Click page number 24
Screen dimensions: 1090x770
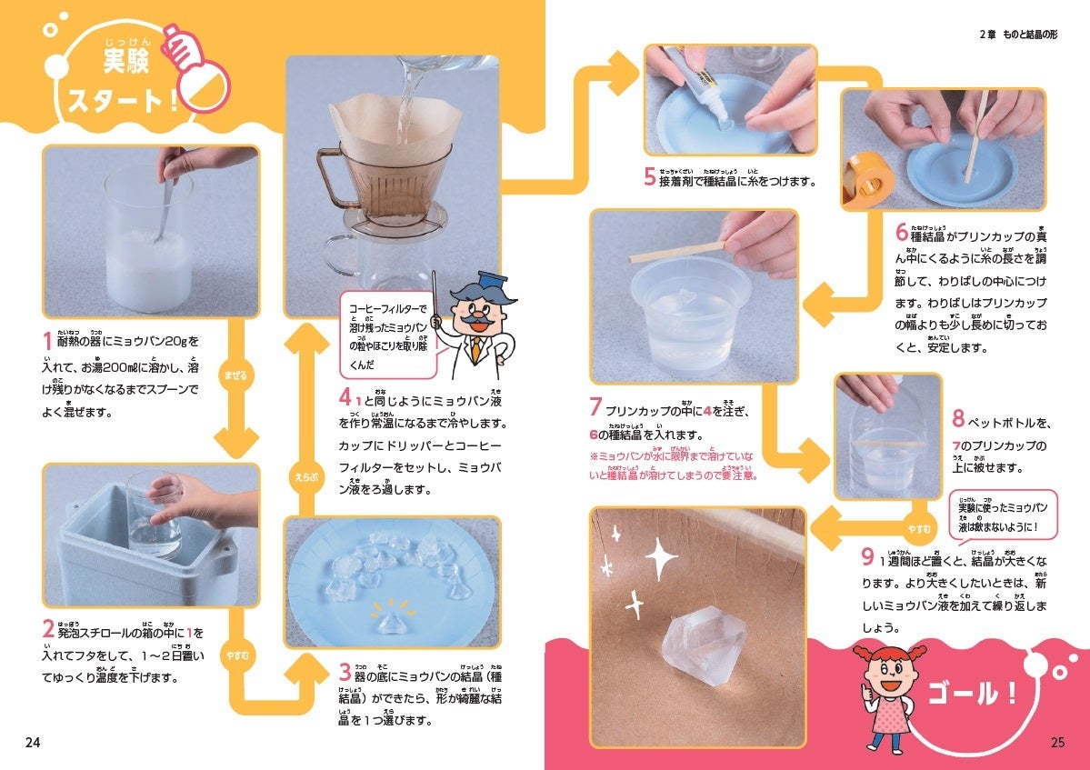click(x=33, y=742)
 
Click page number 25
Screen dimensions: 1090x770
click(x=1057, y=742)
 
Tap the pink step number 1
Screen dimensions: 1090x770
click(x=47, y=341)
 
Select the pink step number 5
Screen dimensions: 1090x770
click(x=649, y=177)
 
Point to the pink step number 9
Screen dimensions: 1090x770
click(x=867, y=556)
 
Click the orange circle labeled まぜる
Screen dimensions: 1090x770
click(x=235, y=375)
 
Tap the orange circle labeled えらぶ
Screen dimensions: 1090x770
click(x=305, y=477)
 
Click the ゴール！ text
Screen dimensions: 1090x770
click(x=972, y=693)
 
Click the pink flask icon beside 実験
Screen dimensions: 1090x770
click(x=196, y=68)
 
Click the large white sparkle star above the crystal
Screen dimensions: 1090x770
click(x=661, y=557)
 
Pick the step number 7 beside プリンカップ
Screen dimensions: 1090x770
click(x=595, y=406)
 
